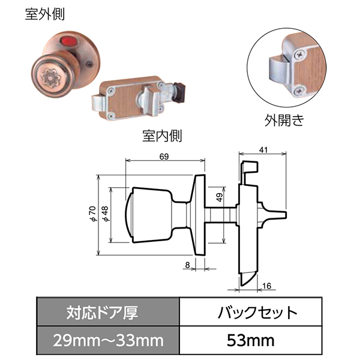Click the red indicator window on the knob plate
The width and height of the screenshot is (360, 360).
tap(68, 41)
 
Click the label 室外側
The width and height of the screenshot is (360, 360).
tap(45, 14)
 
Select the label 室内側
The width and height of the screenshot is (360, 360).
tap(163, 136)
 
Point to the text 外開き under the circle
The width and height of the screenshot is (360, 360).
tap(284, 120)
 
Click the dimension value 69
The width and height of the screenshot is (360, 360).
tap(164, 157)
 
